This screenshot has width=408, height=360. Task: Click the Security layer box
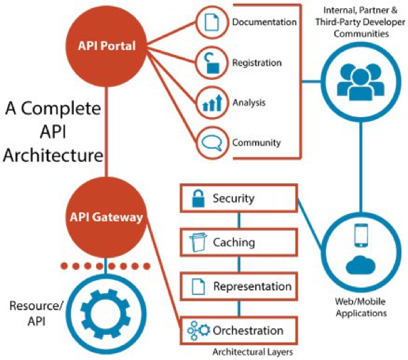237,199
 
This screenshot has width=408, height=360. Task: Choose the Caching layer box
237,242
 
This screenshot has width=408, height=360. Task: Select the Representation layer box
237,286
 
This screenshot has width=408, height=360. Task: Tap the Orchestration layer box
237,331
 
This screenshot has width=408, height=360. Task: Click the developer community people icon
359,79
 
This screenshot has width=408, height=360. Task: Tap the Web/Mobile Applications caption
360,308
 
